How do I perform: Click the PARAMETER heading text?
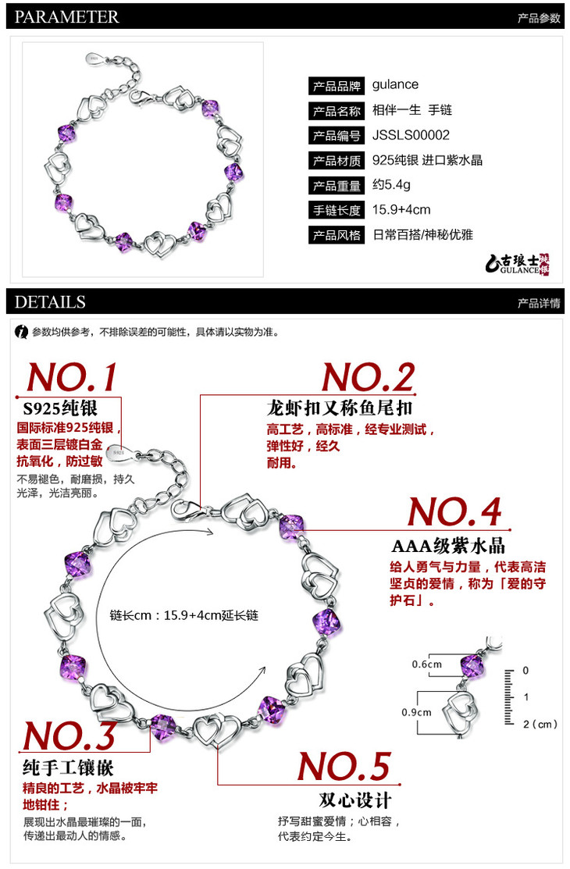pos(66,16)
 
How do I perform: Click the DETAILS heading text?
pos(50,302)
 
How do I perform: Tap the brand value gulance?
pos(395,85)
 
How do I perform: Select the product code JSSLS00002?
pos(411,135)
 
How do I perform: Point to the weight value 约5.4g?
pos(391,185)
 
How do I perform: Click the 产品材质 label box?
pos(336,161)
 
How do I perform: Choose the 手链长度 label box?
pos(336,210)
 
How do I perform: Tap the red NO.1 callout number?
pos(72,377)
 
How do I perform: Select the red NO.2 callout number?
pos(369,377)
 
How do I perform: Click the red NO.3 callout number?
pos(69,735)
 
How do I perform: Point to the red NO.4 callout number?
pos(454,511)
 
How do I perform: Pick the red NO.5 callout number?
pos(344,767)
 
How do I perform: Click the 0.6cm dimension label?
pos(427,664)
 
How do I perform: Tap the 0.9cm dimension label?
pos(416,712)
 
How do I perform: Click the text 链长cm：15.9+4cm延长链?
pos(184,615)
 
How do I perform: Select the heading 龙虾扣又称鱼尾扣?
pos(340,408)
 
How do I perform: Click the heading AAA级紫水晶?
pos(448,546)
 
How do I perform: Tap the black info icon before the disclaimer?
pos(22,332)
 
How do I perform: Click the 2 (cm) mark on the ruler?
pos(540,725)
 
